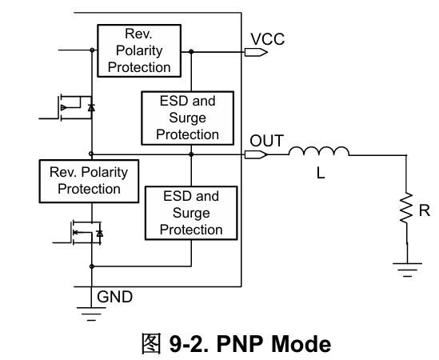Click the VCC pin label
(x=267, y=39)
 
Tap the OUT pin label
(x=266, y=141)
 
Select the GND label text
(x=114, y=297)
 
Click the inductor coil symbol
(x=319, y=150)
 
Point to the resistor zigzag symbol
(x=406, y=207)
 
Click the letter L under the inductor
(x=321, y=173)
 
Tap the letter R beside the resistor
(x=425, y=210)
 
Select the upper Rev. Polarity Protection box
(x=139, y=50)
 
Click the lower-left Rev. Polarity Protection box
(x=89, y=181)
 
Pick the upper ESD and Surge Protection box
(x=188, y=118)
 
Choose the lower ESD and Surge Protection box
(x=191, y=213)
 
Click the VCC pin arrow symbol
(x=256, y=52)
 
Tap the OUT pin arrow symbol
(x=256, y=154)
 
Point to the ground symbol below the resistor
(x=407, y=270)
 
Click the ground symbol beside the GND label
(x=91, y=314)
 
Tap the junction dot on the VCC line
(x=191, y=51)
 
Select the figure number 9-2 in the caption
(x=189, y=343)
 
